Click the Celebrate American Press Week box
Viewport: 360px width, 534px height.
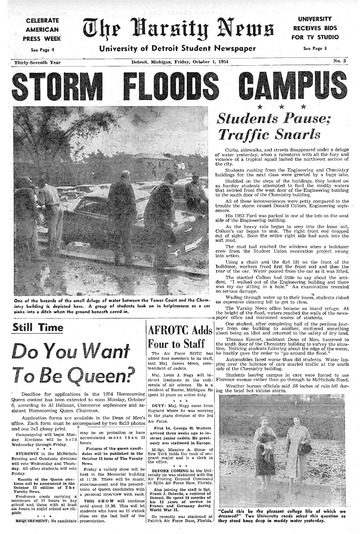tap(37, 30)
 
